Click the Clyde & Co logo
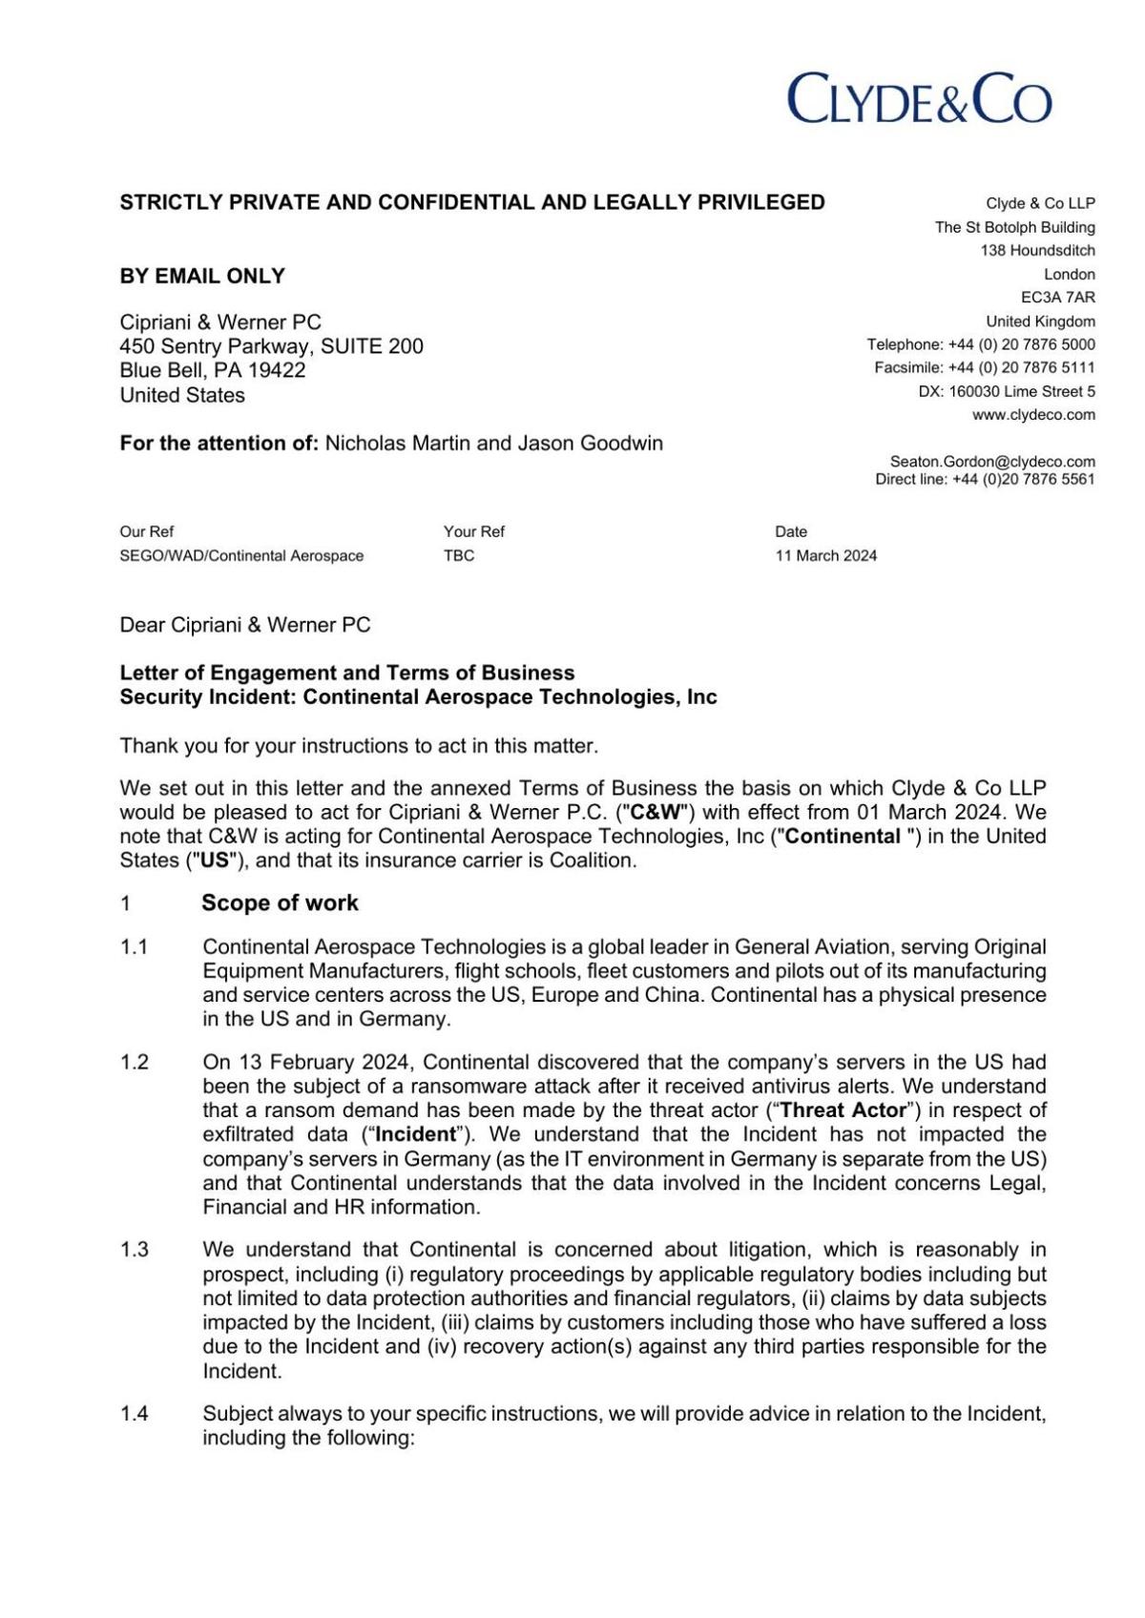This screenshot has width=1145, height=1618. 919,98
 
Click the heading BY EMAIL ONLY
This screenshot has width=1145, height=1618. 202,277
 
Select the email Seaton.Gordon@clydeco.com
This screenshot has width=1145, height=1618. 991,462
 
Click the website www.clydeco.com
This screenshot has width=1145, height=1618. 1033,415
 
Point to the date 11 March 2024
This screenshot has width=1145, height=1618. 825,556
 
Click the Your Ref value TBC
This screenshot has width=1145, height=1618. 459,556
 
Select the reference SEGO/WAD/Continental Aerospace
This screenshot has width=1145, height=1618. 241,556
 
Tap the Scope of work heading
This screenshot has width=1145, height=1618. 280,903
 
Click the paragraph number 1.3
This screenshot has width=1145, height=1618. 134,1250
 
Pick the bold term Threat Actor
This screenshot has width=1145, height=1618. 843,1110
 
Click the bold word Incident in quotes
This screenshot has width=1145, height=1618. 415,1135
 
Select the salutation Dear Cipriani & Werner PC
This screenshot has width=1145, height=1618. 245,626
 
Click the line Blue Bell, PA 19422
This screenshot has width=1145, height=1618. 212,371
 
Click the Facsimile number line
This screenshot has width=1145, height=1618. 984,368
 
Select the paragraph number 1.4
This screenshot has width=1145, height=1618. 134,1415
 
